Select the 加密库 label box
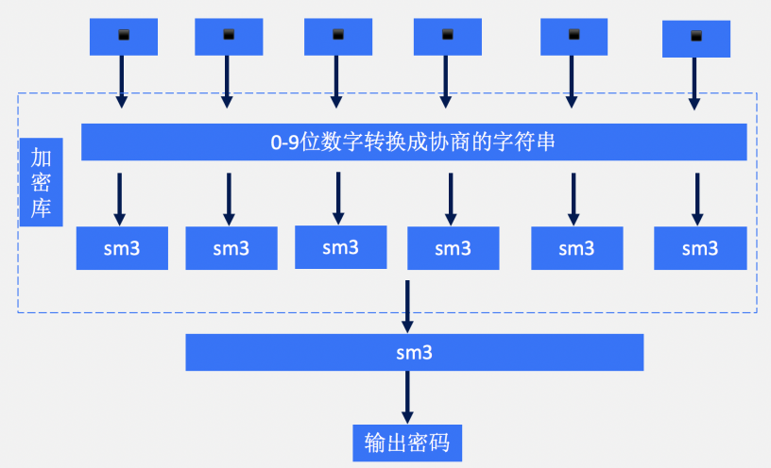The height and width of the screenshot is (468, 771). tap(41, 182)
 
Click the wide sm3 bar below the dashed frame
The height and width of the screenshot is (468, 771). tap(414, 352)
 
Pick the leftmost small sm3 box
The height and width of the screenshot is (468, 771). tap(122, 249)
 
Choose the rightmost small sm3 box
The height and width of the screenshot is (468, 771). tap(699, 249)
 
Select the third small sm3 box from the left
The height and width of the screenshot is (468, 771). tap(340, 248)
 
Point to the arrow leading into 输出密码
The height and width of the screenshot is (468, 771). tap(407, 396)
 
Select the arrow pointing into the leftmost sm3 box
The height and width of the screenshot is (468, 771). tap(120, 196)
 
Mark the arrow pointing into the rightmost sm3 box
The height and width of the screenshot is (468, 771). tap(696, 196)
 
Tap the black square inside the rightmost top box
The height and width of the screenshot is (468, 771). tap(696, 37)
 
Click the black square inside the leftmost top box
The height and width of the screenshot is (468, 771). tap(123, 36)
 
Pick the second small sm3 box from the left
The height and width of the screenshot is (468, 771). tap(231, 249)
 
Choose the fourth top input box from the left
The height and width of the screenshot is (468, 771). tap(447, 37)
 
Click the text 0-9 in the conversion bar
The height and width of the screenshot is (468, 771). tap(285, 142)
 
